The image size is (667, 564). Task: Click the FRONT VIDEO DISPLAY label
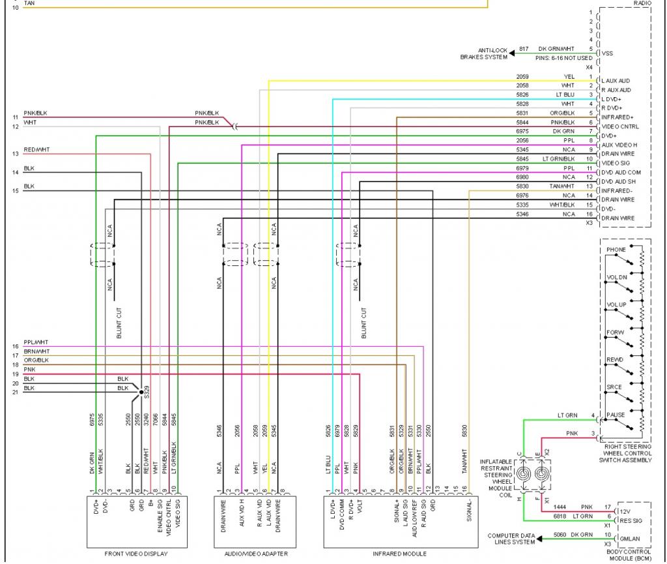(x=136, y=554)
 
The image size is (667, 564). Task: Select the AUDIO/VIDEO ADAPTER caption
(x=256, y=554)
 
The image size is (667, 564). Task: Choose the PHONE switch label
(x=616, y=250)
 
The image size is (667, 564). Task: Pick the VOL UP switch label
(x=616, y=305)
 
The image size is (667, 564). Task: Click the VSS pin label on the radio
(x=608, y=53)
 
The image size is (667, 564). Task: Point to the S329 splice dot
(x=141, y=392)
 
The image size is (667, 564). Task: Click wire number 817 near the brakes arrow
(x=524, y=50)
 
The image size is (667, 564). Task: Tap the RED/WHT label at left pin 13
(x=36, y=150)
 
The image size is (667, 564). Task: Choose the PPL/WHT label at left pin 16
(x=36, y=342)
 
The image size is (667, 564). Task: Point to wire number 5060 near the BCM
(x=542, y=535)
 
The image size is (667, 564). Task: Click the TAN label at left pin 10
(x=30, y=3)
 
